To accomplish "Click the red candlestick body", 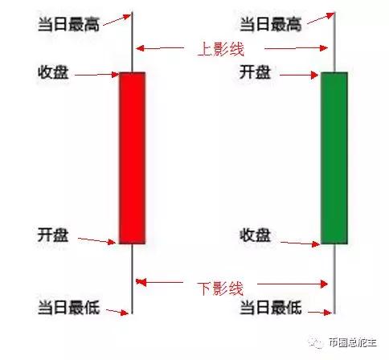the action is pos(133,158).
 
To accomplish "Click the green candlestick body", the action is pos(334,158).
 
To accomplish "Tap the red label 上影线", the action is pos(221,49).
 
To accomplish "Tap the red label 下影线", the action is pos(221,288).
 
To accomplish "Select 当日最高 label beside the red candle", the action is pos(69,24).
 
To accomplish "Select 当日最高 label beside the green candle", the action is pos(271,24).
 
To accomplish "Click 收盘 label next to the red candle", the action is pos(53,72).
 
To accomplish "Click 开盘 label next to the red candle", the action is pos(53,235).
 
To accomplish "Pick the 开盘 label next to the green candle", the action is pos(255,72).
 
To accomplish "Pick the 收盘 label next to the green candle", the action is pos(255,235).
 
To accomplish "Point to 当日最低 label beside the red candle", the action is pos(69,307).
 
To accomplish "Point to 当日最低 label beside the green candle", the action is pos(271,307).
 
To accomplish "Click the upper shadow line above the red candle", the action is pos(132,42).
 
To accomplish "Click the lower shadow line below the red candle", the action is pos(132,279).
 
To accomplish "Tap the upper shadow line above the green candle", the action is pos(334,42).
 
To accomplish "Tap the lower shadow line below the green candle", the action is pos(334,279).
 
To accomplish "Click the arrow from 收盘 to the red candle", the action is pos(97,75).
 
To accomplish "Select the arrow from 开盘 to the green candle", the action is pos(299,75).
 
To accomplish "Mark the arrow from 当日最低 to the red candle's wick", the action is pos(117,312).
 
